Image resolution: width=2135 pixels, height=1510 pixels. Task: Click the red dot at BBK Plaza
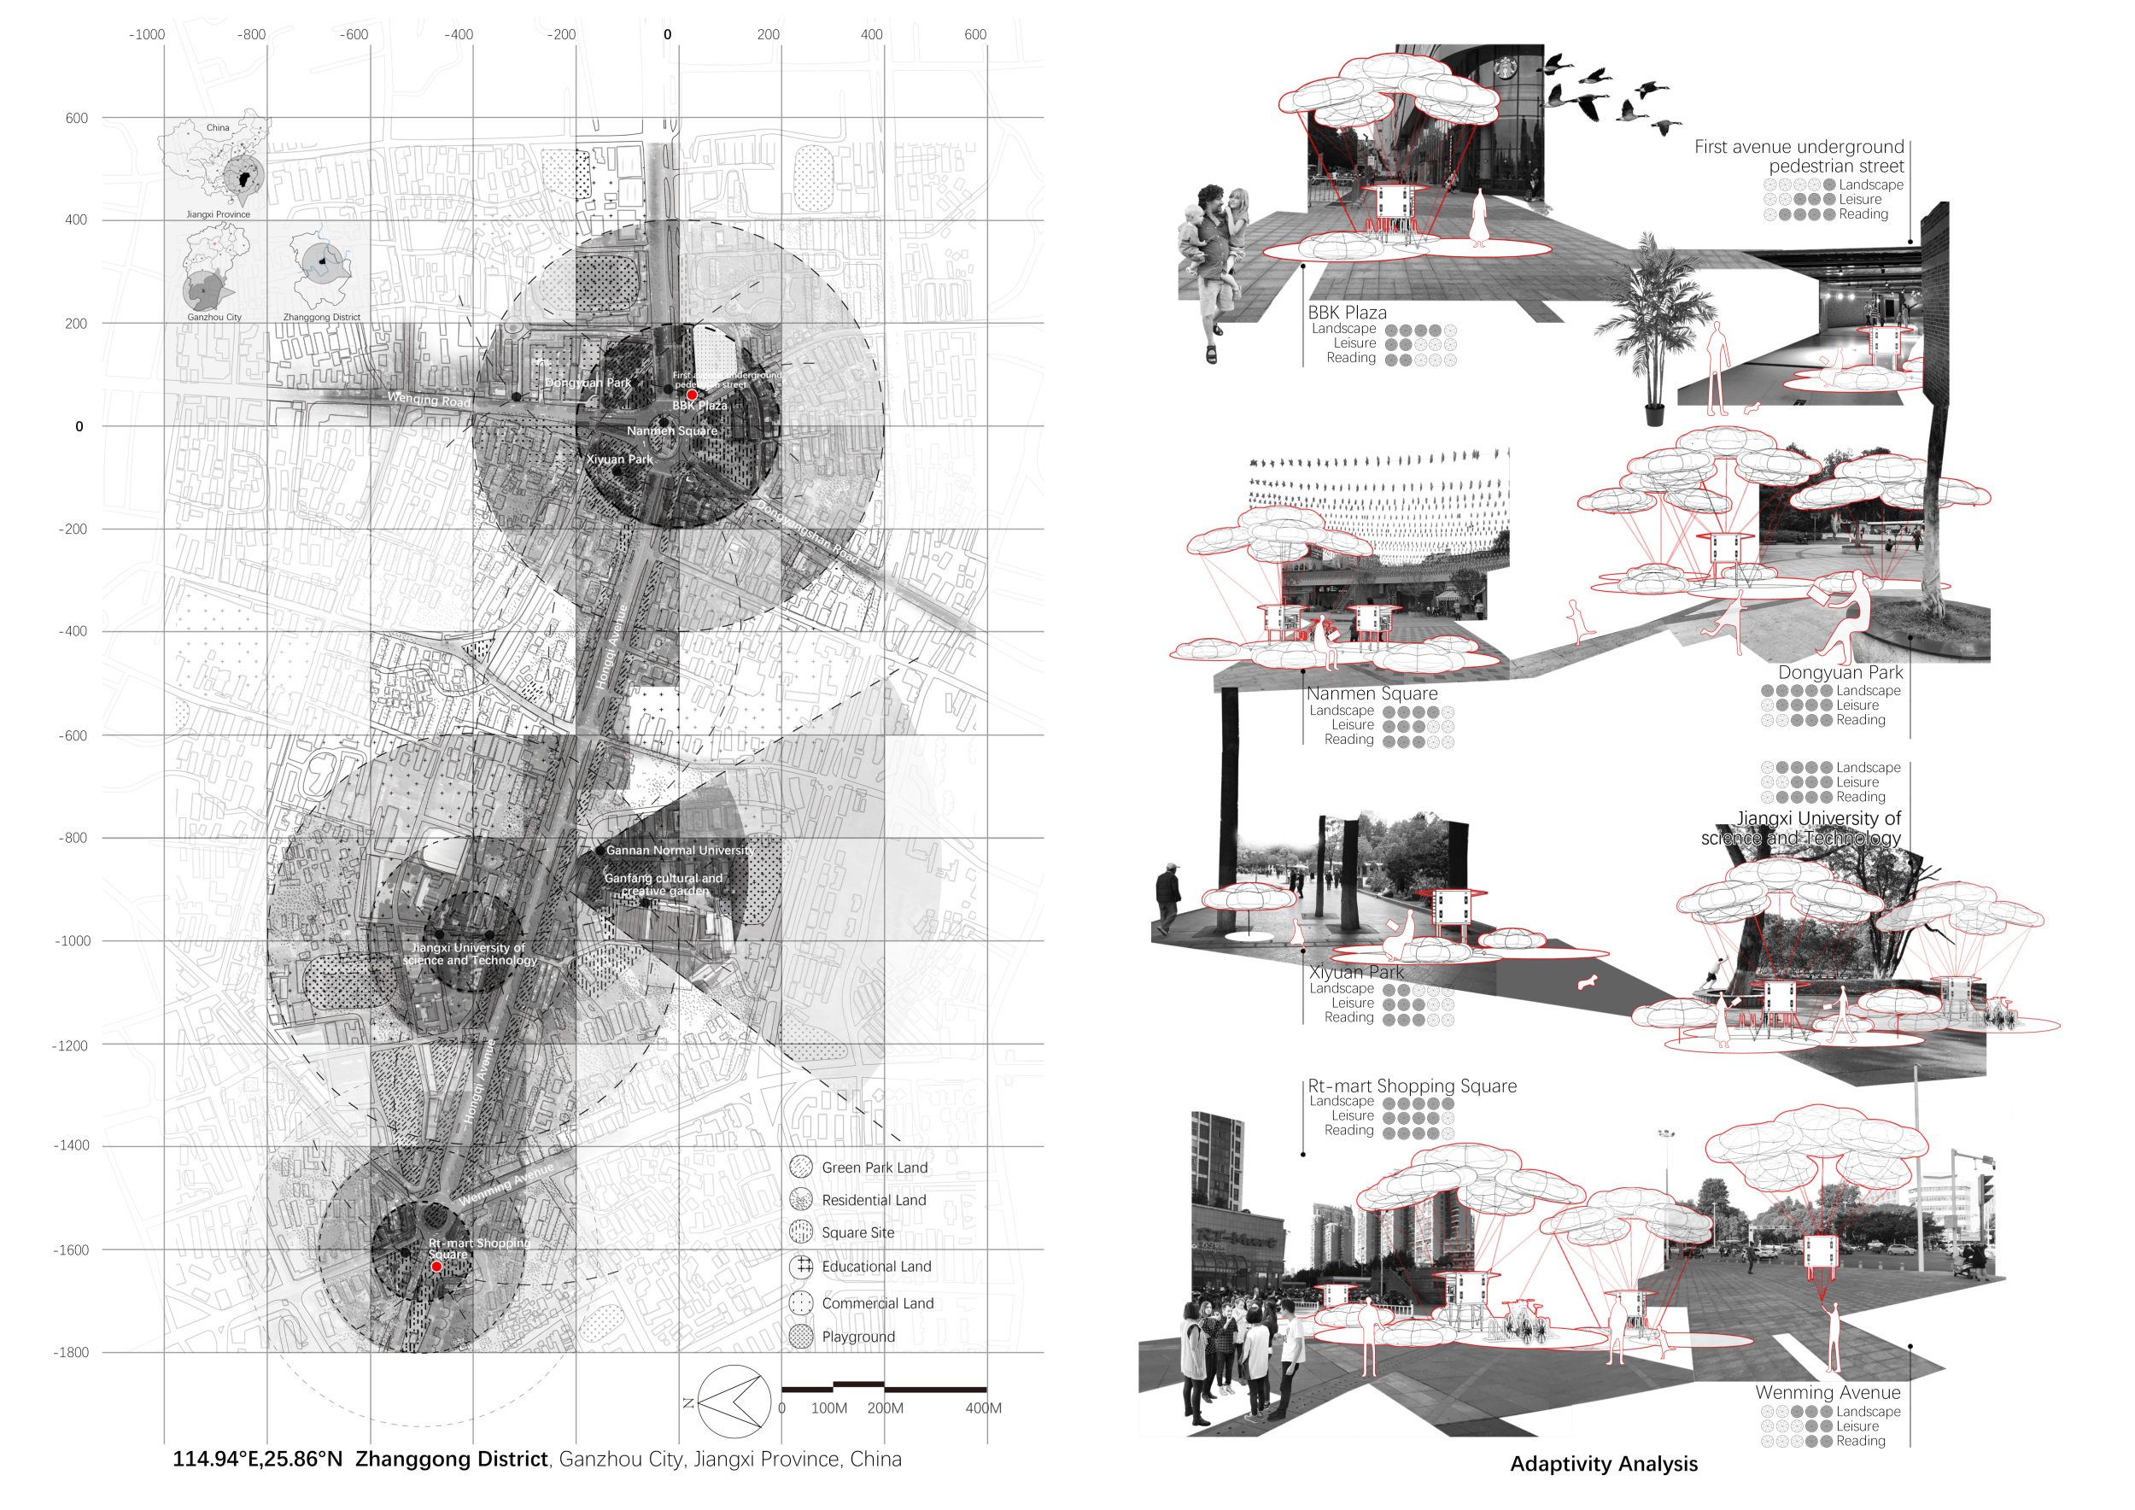[692, 395]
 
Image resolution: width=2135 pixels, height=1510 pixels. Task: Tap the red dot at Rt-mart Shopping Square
[436, 1267]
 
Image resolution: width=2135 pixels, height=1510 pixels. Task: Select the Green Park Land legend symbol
[801, 1167]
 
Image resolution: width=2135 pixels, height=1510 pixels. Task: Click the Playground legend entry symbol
[801, 1337]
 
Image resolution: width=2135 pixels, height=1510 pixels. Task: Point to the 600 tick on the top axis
[974, 34]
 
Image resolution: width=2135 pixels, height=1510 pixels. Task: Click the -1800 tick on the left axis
[72, 1352]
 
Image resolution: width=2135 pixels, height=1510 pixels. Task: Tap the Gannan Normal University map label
[680, 850]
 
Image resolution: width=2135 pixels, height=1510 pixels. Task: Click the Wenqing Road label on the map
[429, 400]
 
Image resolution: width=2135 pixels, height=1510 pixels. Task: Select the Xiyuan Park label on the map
[619, 459]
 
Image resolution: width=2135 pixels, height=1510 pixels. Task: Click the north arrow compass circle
[734, 1402]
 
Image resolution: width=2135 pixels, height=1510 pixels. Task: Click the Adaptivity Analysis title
[1603, 1465]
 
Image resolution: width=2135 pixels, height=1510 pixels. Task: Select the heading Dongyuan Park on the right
[1840, 672]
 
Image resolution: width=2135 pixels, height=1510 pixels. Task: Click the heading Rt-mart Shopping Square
[1412, 1086]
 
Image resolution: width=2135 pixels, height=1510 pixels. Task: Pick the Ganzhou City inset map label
[213, 317]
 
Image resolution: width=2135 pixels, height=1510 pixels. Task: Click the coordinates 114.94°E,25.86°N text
[258, 1459]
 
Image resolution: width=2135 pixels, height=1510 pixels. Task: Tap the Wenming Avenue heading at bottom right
[1828, 1392]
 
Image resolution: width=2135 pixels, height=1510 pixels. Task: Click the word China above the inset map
[218, 127]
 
